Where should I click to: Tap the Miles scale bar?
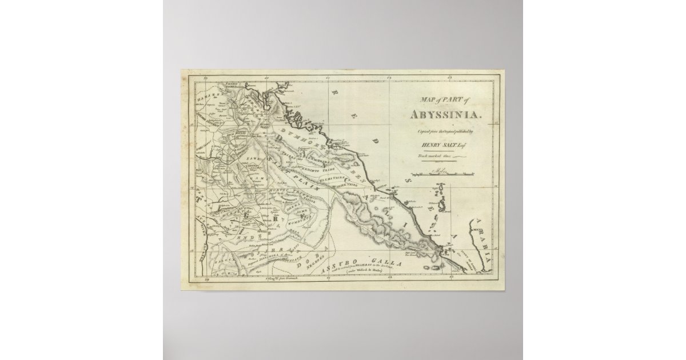click(441, 172)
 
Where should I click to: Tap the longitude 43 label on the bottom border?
click(453, 280)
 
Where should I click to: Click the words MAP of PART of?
click(441, 101)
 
